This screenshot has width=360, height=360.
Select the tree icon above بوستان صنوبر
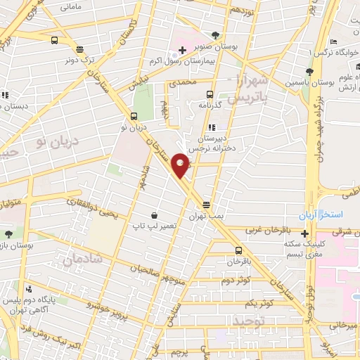pos(215,34)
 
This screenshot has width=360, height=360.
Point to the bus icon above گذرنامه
pos(209,94)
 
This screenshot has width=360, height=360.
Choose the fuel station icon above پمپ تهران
pos(206,205)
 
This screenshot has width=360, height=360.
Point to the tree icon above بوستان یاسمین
pos(309,71)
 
